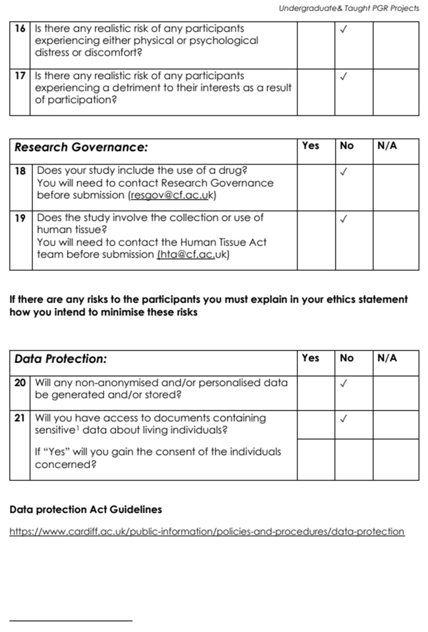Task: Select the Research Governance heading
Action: coord(81,147)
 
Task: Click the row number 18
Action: coord(20,171)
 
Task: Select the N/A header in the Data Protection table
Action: coord(387,358)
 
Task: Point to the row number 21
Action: coord(20,418)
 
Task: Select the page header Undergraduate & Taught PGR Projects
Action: coord(349,8)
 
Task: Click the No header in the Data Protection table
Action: coord(347,358)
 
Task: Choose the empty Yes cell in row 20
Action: coord(316,393)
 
